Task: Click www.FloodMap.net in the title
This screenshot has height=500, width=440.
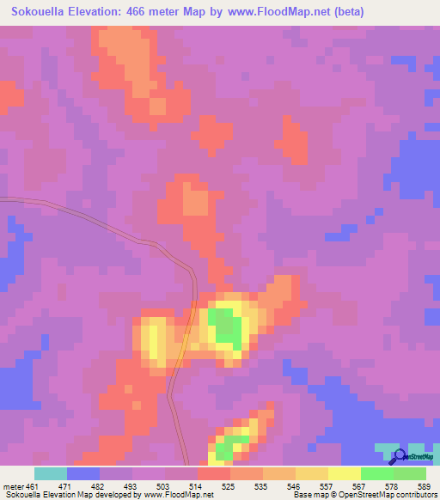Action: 282,12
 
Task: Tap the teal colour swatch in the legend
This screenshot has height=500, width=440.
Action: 51,473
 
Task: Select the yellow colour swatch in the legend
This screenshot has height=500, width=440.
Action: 345,473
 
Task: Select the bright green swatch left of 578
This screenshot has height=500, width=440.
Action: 377,473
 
